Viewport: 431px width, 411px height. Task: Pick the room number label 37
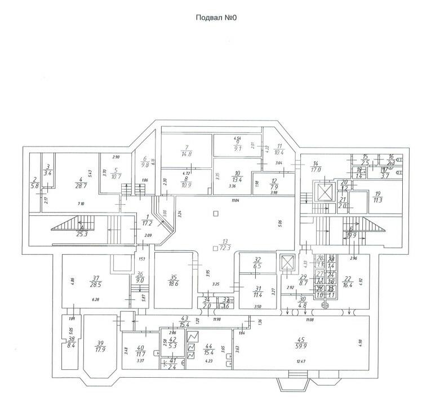click(95, 277)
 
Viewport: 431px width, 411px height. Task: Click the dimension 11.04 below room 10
click(228, 200)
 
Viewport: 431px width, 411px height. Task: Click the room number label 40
click(141, 348)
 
